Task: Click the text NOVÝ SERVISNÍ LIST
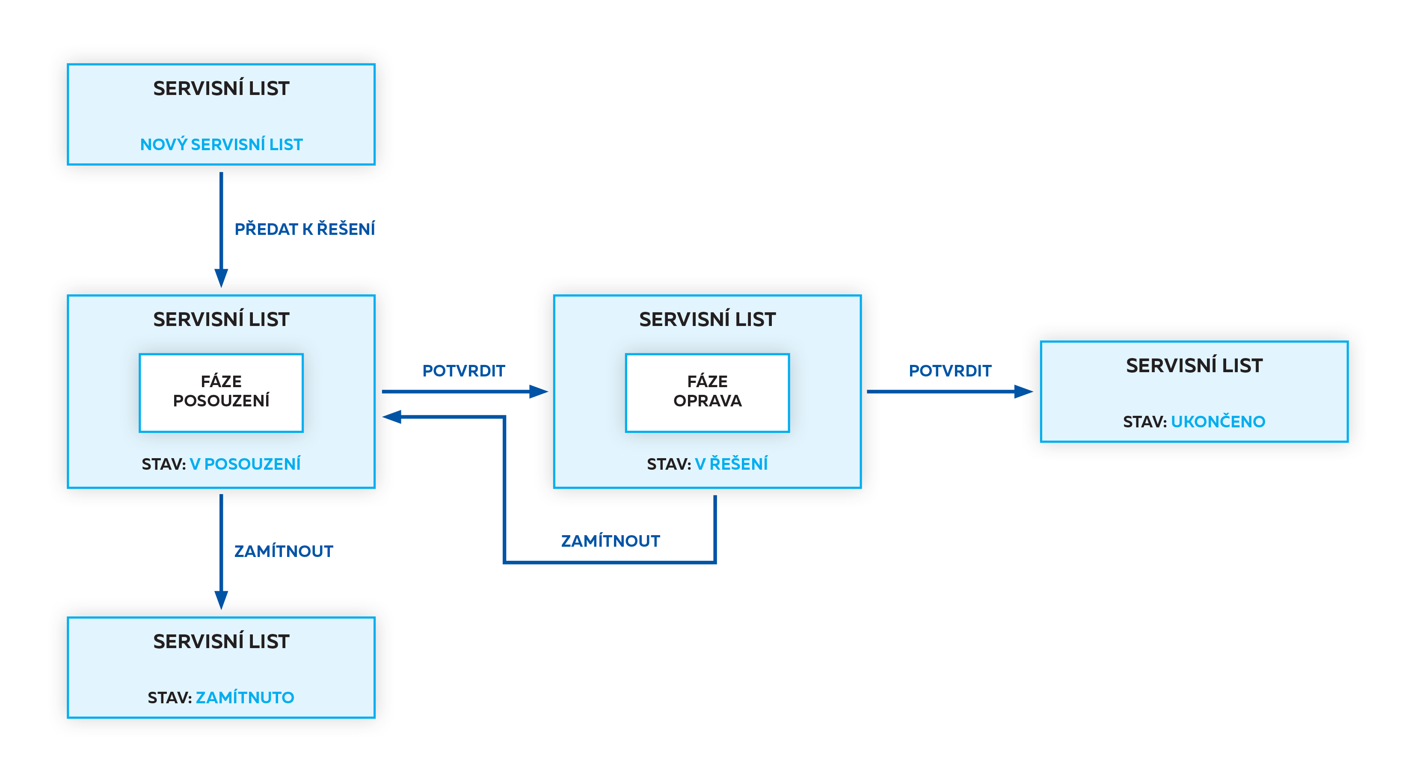point(221,144)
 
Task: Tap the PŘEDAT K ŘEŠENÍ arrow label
point(305,229)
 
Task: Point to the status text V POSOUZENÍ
point(245,464)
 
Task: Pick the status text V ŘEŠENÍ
point(731,464)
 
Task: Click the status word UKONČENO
point(1218,421)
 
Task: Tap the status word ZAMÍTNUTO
point(245,697)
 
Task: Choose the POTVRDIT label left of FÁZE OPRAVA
point(463,370)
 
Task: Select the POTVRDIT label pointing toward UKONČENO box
point(950,370)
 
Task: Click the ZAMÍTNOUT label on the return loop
point(611,541)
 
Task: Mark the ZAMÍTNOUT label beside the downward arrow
point(284,551)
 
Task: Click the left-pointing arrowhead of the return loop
point(392,417)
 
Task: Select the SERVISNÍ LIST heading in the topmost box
point(221,89)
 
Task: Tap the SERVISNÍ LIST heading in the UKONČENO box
point(1194,365)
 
